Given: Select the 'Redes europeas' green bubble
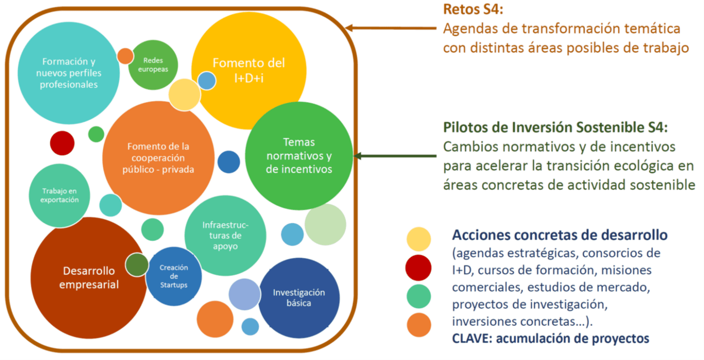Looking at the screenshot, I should click(x=153, y=65).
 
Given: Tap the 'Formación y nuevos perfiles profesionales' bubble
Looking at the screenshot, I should click(x=69, y=73).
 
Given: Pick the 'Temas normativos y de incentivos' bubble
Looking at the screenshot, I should click(x=299, y=156).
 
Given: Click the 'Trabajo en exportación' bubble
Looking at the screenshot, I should click(x=59, y=195).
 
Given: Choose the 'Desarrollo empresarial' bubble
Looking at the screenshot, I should click(x=89, y=277).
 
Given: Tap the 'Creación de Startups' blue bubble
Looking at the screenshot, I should click(x=174, y=276).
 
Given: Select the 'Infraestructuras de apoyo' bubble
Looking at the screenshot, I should click(x=225, y=235).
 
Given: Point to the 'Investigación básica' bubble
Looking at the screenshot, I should click(x=299, y=298).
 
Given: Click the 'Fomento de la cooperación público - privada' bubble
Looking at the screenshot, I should click(x=158, y=158).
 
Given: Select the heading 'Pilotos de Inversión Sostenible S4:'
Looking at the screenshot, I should click(x=555, y=127).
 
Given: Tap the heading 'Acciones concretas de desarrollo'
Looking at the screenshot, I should click(x=560, y=235).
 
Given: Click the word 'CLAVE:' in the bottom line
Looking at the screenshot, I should click(x=472, y=338).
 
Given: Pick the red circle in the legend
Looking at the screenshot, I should click(x=418, y=268).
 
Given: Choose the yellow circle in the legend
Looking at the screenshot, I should click(x=418, y=239).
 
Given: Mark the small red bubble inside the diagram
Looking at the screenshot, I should click(x=62, y=143).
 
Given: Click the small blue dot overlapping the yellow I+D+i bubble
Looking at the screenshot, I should click(x=207, y=81).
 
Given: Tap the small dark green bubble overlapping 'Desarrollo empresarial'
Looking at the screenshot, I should click(x=137, y=265).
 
